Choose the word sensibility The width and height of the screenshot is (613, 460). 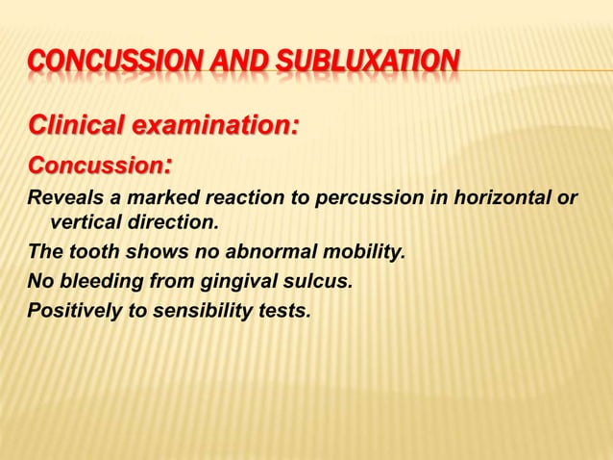pyautogui.click(x=202, y=311)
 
